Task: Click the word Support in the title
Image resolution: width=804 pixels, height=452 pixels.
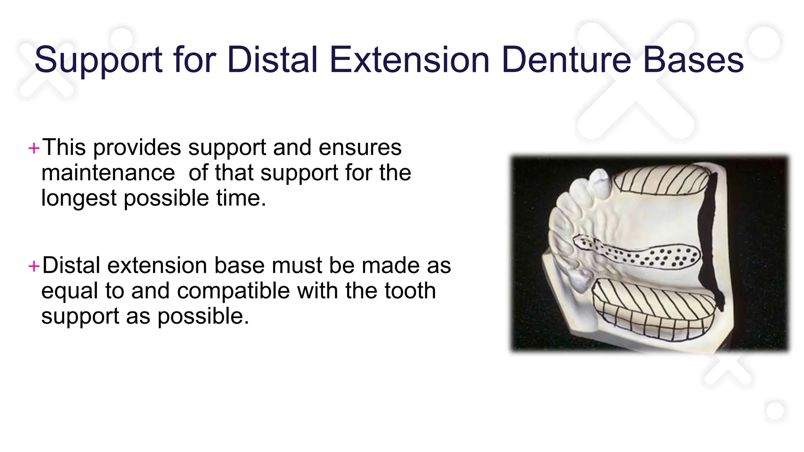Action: click(x=98, y=60)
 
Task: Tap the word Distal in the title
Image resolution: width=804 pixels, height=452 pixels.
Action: click(x=272, y=60)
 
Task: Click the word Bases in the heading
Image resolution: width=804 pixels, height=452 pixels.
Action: click(x=693, y=60)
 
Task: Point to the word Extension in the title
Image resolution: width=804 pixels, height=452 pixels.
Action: click(x=409, y=60)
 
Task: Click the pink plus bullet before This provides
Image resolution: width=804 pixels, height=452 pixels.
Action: click(x=34, y=149)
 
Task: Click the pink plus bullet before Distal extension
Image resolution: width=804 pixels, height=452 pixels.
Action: click(x=34, y=266)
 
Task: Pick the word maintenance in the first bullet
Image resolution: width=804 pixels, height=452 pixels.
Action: click(x=108, y=173)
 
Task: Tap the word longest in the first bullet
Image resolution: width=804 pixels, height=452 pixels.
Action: click(x=79, y=198)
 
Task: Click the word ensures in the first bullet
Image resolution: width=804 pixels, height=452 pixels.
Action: click(x=360, y=148)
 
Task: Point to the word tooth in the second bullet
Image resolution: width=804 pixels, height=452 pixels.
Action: click(x=410, y=291)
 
